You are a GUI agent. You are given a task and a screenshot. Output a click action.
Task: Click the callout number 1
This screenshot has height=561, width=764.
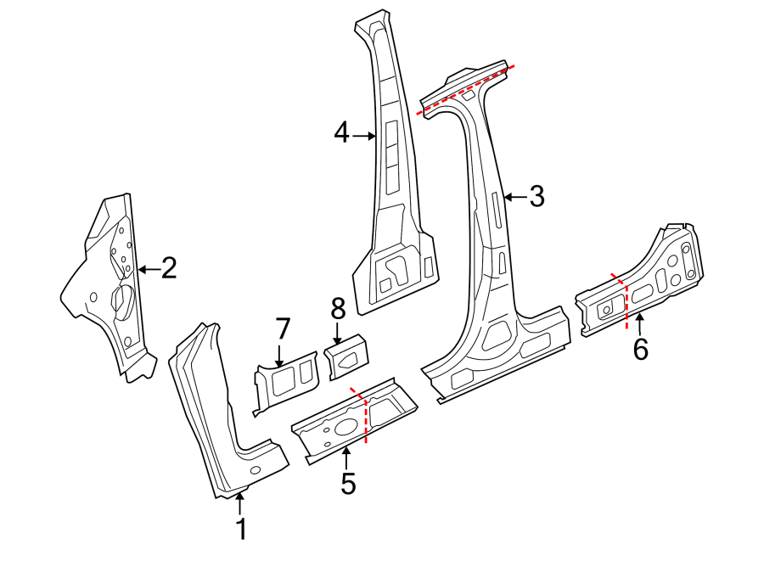[x=241, y=529]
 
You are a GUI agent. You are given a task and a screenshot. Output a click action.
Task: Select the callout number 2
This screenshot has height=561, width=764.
[x=169, y=269]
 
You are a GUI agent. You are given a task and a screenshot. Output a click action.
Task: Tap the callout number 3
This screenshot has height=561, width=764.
[x=536, y=197]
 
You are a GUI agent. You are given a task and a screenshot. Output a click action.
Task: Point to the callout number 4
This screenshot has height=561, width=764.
[x=341, y=133]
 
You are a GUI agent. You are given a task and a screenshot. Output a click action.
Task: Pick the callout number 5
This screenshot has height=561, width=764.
[x=348, y=483]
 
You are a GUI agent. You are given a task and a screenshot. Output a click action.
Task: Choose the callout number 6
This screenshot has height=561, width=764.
[x=640, y=347]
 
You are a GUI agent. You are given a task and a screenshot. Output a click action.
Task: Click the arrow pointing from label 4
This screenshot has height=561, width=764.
[x=364, y=135]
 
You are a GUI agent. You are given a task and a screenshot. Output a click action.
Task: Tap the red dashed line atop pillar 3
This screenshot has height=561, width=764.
[x=465, y=87]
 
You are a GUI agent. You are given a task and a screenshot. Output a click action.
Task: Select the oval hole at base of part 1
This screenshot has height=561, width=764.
[x=256, y=469]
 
